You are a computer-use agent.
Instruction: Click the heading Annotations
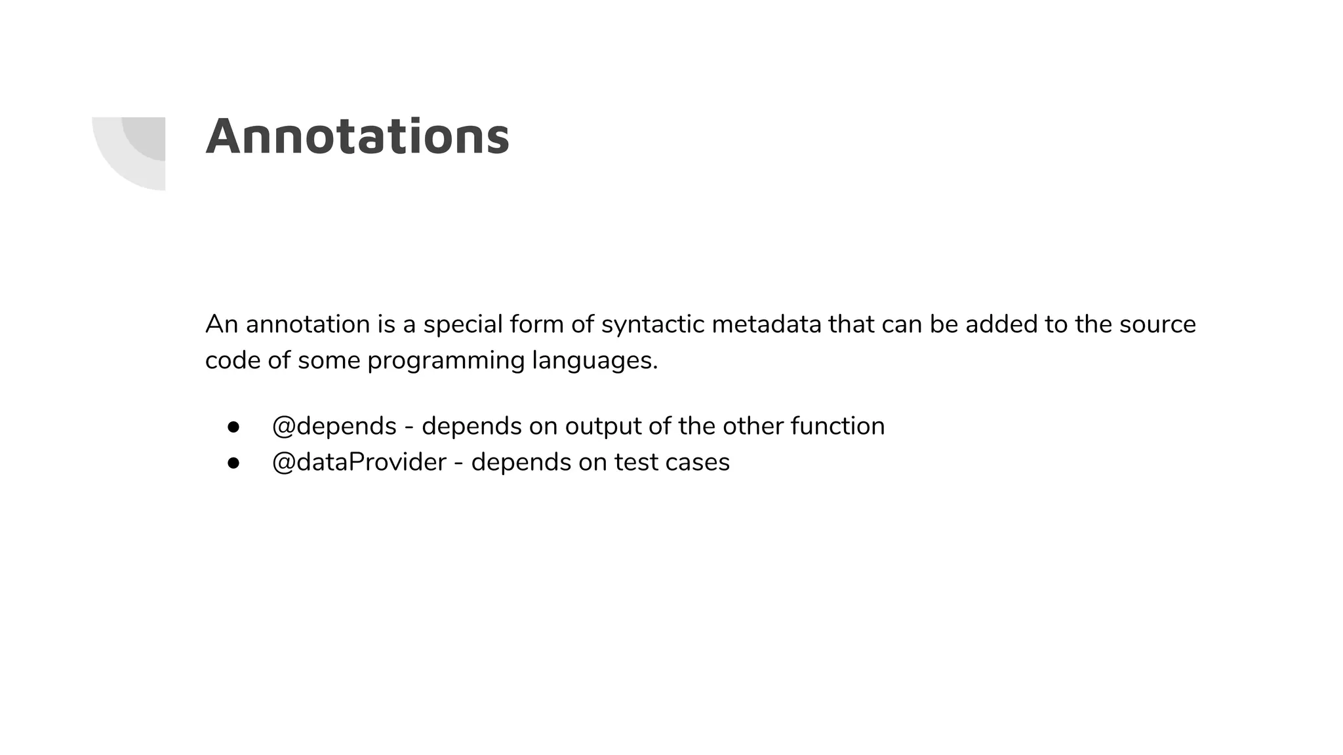(357, 137)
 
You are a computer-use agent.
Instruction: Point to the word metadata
(766, 324)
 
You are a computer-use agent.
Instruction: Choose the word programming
(446, 360)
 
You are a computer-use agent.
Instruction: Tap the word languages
(594, 360)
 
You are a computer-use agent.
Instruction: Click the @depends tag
(334, 426)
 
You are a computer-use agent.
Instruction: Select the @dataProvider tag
(359, 462)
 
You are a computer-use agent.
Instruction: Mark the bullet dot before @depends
(233, 427)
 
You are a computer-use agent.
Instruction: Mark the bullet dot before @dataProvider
(233, 463)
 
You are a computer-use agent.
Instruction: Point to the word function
(837, 426)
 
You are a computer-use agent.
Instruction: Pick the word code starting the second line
(233, 360)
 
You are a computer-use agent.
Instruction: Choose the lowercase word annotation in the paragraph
(308, 324)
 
